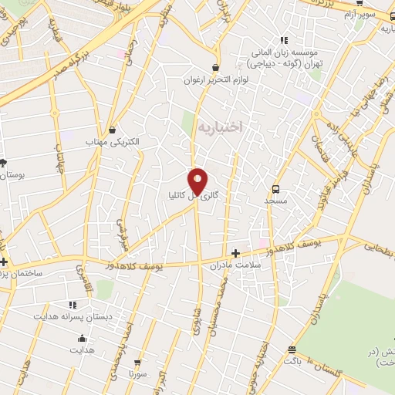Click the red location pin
tap(198, 181)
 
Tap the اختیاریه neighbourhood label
tap(220, 127)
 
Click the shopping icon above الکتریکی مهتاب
tap(113, 130)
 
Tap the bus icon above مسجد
tap(276, 187)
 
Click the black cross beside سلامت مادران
tap(236, 252)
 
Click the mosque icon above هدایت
tap(82, 339)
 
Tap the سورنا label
tap(138, 373)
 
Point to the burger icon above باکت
tap(291, 349)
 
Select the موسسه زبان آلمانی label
tap(286, 52)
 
